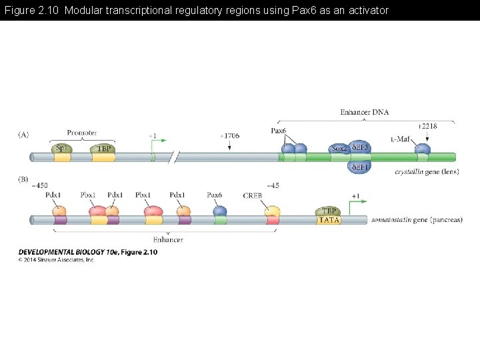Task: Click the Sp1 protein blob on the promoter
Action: pyautogui.click(x=61, y=149)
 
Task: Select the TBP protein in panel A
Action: pyautogui.click(x=103, y=149)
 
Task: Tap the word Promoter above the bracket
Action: pyautogui.click(x=82, y=133)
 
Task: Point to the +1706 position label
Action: pyautogui.click(x=229, y=135)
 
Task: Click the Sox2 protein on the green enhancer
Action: pyautogui.click(x=339, y=149)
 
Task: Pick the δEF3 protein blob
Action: pyautogui.click(x=361, y=147)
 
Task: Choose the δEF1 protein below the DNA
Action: pyautogui.click(x=360, y=167)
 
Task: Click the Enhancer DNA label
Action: pyautogui.click(x=364, y=112)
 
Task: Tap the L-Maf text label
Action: pyautogui.click(x=400, y=139)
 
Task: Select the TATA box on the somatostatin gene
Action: pyautogui.click(x=329, y=220)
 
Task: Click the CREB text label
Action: pyautogui.click(x=253, y=195)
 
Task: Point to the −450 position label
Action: pyautogui.click(x=40, y=185)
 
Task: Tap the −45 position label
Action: pyautogui.click(x=273, y=185)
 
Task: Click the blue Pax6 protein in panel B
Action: pyautogui.click(x=220, y=211)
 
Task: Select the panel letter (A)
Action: pyautogui.click(x=23, y=134)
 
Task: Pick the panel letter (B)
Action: pyautogui.click(x=23, y=179)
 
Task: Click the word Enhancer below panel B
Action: pyautogui.click(x=168, y=239)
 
